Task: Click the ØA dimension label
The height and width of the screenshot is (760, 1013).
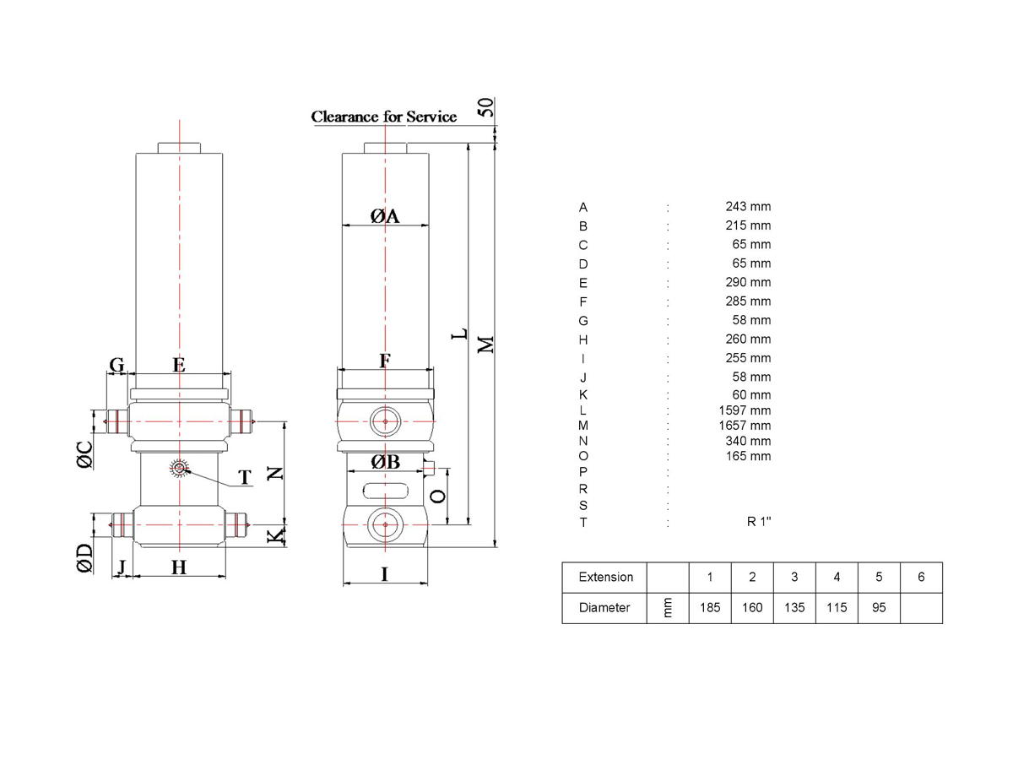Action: (384, 215)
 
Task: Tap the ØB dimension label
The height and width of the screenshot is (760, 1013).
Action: (385, 461)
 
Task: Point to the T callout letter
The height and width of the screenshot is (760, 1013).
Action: (245, 477)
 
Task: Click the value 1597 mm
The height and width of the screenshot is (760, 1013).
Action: (745, 410)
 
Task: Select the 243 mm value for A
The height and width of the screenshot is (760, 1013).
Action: (748, 206)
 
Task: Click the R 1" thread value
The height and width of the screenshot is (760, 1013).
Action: (759, 521)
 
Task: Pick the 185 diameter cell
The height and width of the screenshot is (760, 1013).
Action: (710, 608)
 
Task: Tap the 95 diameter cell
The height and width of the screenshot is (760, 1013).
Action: (879, 608)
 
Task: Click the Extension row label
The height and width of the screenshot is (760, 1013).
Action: (605, 577)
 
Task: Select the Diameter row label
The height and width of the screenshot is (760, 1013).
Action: (604, 608)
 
